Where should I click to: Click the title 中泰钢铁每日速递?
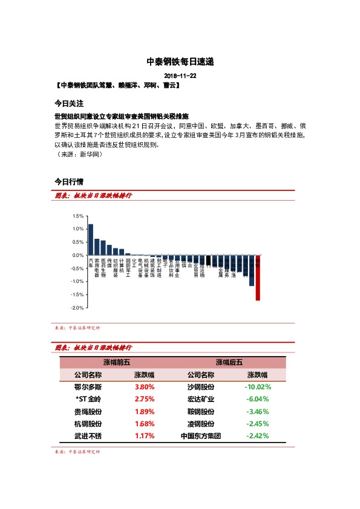[x=180, y=62]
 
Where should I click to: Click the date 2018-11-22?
[x=180, y=77]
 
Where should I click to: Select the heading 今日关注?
[x=68, y=103]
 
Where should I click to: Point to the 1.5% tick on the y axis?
[x=77, y=216]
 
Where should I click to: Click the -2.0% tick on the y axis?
[x=76, y=308]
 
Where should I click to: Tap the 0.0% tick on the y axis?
[x=77, y=255]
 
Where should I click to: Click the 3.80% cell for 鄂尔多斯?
[x=144, y=386]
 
